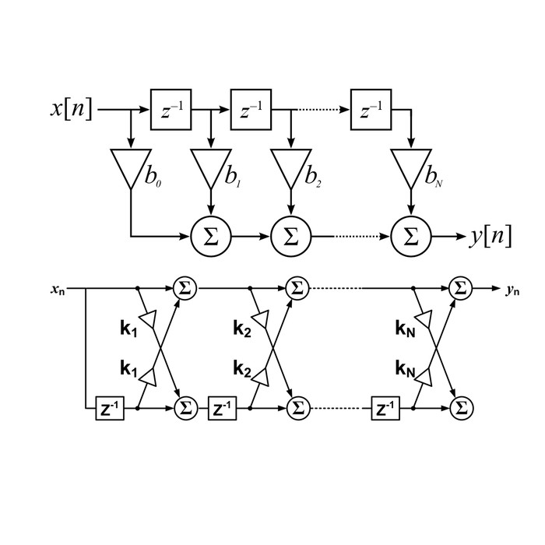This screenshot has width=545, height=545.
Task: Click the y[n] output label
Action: click(x=491, y=236)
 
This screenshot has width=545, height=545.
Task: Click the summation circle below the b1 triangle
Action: click(x=210, y=236)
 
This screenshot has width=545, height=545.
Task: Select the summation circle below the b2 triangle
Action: click(x=291, y=236)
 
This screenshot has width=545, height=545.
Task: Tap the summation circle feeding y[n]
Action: click(x=410, y=236)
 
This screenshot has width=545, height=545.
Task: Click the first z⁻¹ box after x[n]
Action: click(x=170, y=111)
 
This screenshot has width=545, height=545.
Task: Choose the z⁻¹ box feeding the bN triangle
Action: click(x=370, y=111)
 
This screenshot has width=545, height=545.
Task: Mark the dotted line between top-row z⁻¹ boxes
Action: click(x=320, y=111)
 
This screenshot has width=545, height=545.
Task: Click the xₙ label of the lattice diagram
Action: click(x=58, y=290)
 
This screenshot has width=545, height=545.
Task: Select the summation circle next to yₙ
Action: click(x=462, y=288)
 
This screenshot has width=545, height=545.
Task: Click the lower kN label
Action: click(x=405, y=368)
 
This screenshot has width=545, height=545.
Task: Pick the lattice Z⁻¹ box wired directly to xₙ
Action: click(x=110, y=408)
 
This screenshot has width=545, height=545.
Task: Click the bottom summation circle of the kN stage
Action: click(x=462, y=407)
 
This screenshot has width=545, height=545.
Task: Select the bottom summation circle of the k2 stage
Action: click(x=297, y=407)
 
